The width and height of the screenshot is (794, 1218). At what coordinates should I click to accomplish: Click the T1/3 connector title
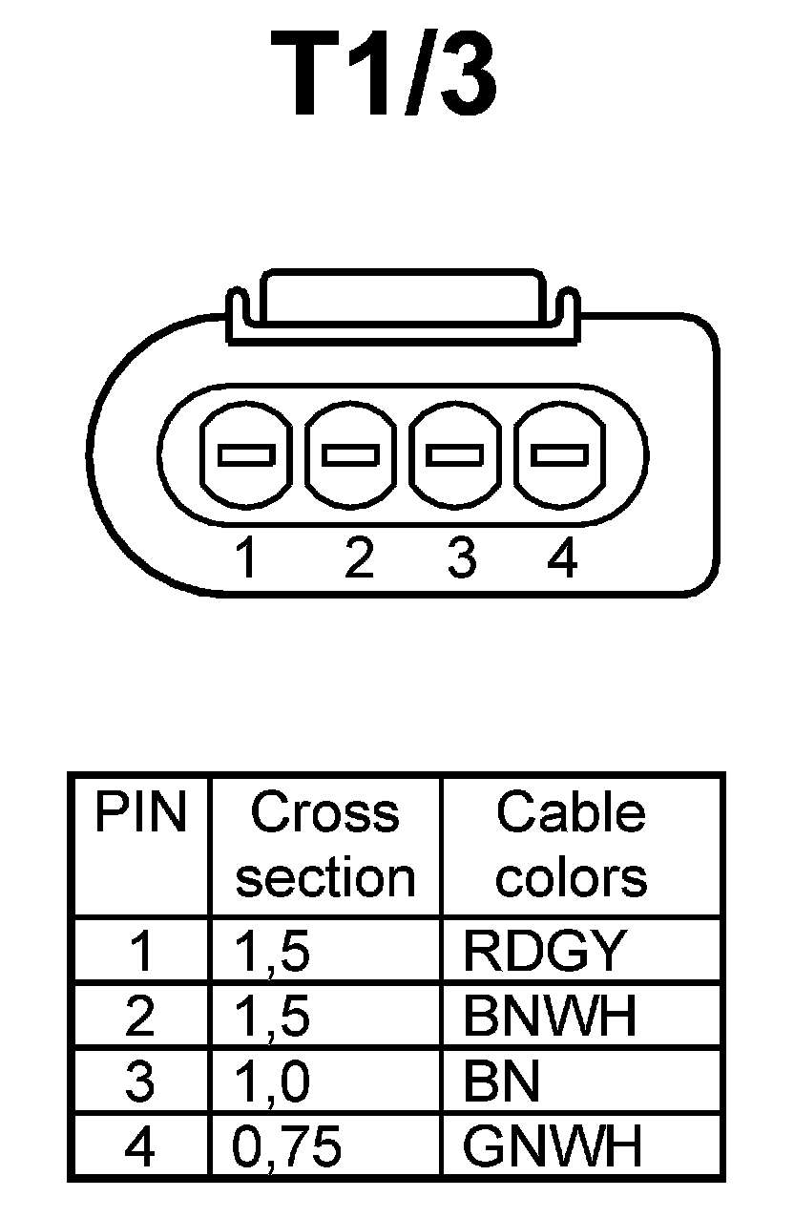point(385,73)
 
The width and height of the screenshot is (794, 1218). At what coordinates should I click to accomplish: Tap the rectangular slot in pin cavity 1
point(246,454)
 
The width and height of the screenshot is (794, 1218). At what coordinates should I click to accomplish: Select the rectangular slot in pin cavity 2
point(351,454)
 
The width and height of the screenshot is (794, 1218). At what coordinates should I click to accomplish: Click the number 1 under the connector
point(246,558)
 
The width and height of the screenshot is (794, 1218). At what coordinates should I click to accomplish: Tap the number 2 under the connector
point(358,558)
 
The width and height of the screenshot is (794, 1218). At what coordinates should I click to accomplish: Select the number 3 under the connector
point(462,558)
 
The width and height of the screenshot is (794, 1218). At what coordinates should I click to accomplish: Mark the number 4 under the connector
point(563,558)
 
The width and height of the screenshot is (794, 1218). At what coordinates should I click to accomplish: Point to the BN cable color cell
point(501,1082)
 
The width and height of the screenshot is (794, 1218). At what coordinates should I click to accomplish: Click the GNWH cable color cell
point(553,1147)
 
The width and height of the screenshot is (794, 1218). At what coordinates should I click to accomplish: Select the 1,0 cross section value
point(272,1082)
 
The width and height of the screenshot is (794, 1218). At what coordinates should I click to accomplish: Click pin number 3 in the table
point(140,1082)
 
